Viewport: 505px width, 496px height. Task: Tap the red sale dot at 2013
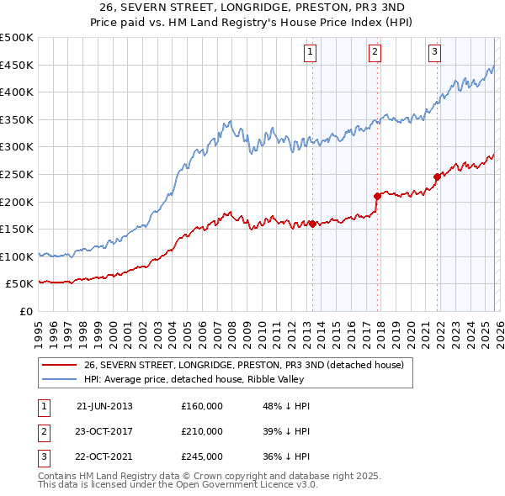312,224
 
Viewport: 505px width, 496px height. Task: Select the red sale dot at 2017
377,196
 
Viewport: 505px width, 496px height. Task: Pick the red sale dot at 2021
438,177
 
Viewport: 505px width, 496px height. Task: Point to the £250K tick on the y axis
17,174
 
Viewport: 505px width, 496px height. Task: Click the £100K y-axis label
17,256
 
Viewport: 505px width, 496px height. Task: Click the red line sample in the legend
58,365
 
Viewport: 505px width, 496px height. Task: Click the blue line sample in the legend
58,378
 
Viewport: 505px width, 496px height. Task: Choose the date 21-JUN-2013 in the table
104,406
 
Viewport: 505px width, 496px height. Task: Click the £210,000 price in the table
202,431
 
